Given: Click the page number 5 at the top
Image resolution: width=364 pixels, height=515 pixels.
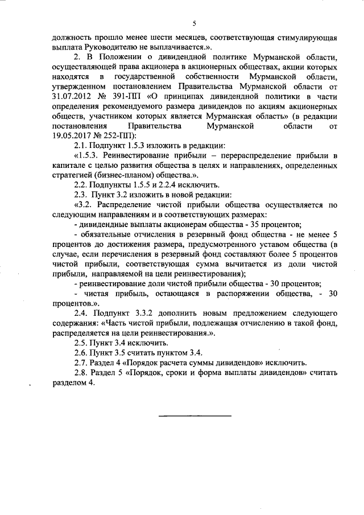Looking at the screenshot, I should click(193, 23).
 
